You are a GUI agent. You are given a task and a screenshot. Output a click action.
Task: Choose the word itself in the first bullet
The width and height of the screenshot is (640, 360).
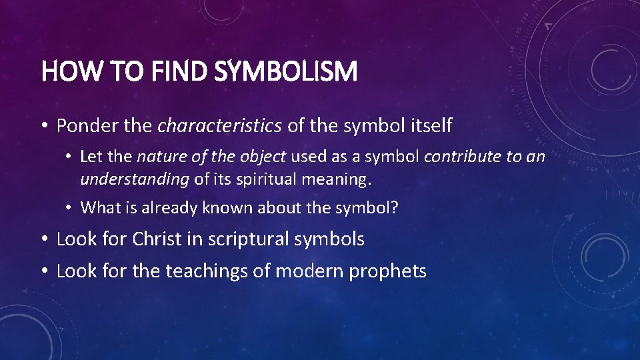tap(429, 125)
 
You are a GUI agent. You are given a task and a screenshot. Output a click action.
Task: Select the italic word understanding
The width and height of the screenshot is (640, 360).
tap(135, 178)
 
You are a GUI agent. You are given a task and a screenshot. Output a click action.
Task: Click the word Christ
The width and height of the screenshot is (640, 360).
tap(156, 239)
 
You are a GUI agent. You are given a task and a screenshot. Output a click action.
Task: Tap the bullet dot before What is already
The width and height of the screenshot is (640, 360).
tap(69, 208)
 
